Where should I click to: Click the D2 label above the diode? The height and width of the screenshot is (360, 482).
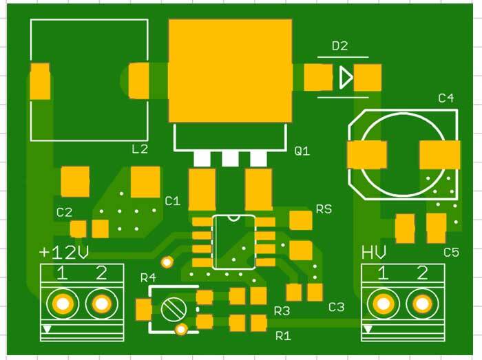click(339, 46)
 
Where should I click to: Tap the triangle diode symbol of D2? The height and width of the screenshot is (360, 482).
click(346, 77)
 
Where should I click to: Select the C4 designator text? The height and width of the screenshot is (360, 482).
click(446, 98)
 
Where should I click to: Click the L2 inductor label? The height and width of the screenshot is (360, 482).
click(140, 149)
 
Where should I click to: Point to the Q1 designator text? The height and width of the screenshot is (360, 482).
click(302, 151)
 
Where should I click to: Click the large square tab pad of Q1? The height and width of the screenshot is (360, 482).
click(230, 71)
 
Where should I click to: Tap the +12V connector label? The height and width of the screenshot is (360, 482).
click(64, 252)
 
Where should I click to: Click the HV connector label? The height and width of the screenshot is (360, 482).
click(373, 252)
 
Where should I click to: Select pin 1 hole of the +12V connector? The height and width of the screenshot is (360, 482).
click(63, 304)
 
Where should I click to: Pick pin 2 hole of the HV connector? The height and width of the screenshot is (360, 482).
click(422, 304)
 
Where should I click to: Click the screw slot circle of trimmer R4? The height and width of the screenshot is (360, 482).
click(174, 309)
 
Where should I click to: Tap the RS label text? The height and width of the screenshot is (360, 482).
click(324, 209)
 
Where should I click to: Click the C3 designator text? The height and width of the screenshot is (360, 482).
click(336, 307)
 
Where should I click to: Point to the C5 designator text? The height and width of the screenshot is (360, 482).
click(451, 253)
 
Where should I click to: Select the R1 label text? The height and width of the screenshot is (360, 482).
click(283, 336)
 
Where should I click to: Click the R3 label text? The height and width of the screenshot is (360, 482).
click(282, 311)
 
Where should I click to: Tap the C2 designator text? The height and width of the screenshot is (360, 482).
click(64, 212)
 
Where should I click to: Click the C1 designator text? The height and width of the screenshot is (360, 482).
click(172, 201)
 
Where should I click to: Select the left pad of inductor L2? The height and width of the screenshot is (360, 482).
click(40, 81)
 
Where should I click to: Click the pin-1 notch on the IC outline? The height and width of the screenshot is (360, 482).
click(233, 218)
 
